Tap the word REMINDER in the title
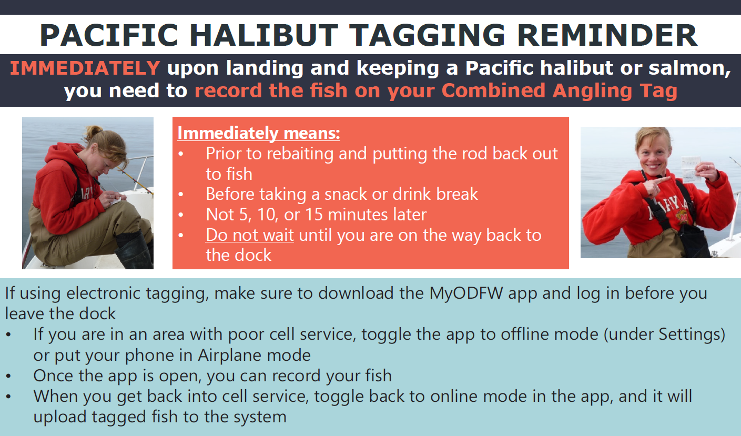[607, 35]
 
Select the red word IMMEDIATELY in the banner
[85, 68]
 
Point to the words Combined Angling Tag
[559, 90]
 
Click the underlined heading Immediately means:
[259, 133]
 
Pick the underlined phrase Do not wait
[250, 235]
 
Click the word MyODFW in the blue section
[466, 294]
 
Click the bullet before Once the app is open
[8, 377]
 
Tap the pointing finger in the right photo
[658, 182]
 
